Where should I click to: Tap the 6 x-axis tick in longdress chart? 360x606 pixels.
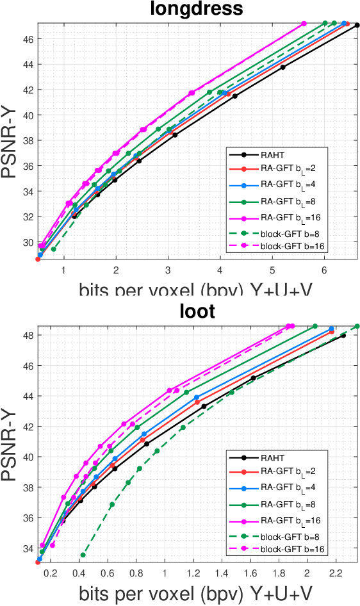point(325,272)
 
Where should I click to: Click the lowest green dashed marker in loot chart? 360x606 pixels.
point(83,555)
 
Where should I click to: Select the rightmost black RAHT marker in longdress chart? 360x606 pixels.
point(357,25)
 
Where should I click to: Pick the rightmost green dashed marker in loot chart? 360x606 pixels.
point(357,326)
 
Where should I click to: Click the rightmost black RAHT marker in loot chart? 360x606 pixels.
point(343,336)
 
